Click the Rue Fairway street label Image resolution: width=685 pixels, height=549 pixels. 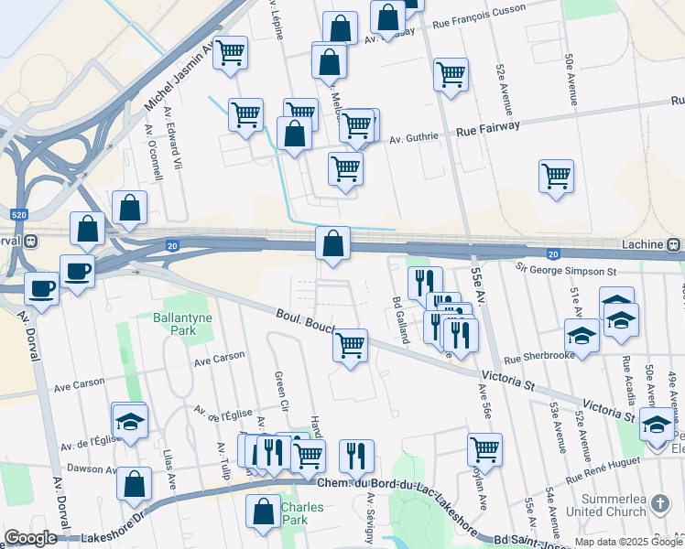pos(487,129)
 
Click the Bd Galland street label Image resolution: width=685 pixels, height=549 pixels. pos(400,320)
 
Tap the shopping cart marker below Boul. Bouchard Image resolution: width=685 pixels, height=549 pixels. pos(350,346)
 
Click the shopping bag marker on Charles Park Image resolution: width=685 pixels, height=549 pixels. pos(264,512)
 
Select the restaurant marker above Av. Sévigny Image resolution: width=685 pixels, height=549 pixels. pos(356,456)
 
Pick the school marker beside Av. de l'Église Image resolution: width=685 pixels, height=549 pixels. pos(130,422)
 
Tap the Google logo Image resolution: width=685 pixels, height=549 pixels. pos(30,538)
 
